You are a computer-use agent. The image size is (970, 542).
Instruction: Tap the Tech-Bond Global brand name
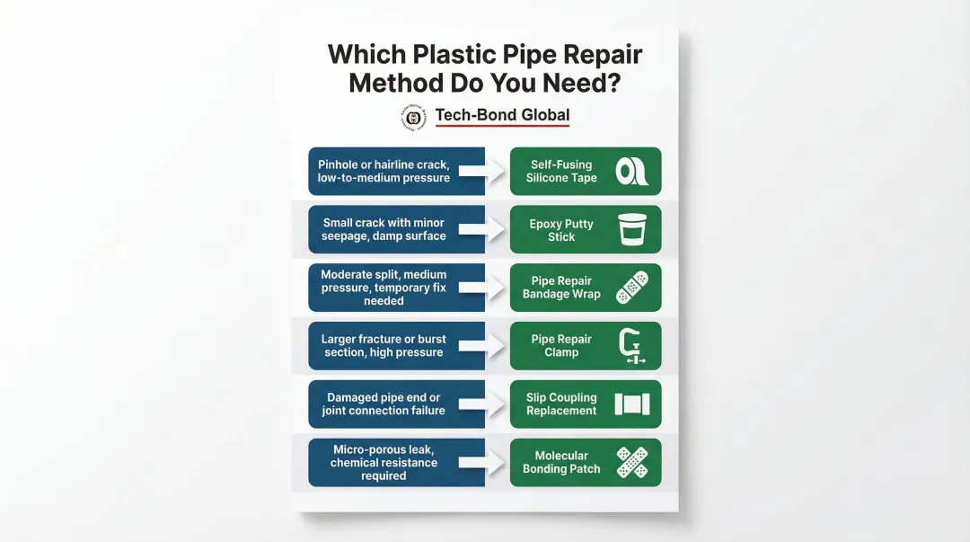pyautogui.click(x=502, y=115)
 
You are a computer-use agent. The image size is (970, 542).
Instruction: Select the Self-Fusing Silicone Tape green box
pyautogui.click(x=585, y=172)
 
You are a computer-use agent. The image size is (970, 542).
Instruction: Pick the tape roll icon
pyautogui.click(x=631, y=172)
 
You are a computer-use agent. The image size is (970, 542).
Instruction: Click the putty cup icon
pyautogui.click(x=631, y=230)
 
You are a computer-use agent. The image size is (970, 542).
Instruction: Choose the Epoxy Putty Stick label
pyautogui.click(x=561, y=230)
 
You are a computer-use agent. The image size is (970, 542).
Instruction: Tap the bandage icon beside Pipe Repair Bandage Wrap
pyautogui.click(x=631, y=288)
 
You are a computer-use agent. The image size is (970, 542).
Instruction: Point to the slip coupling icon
pyautogui.click(x=631, y=404)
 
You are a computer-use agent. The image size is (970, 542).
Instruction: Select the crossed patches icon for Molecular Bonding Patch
pyautogui.click(x=631, y=462)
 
